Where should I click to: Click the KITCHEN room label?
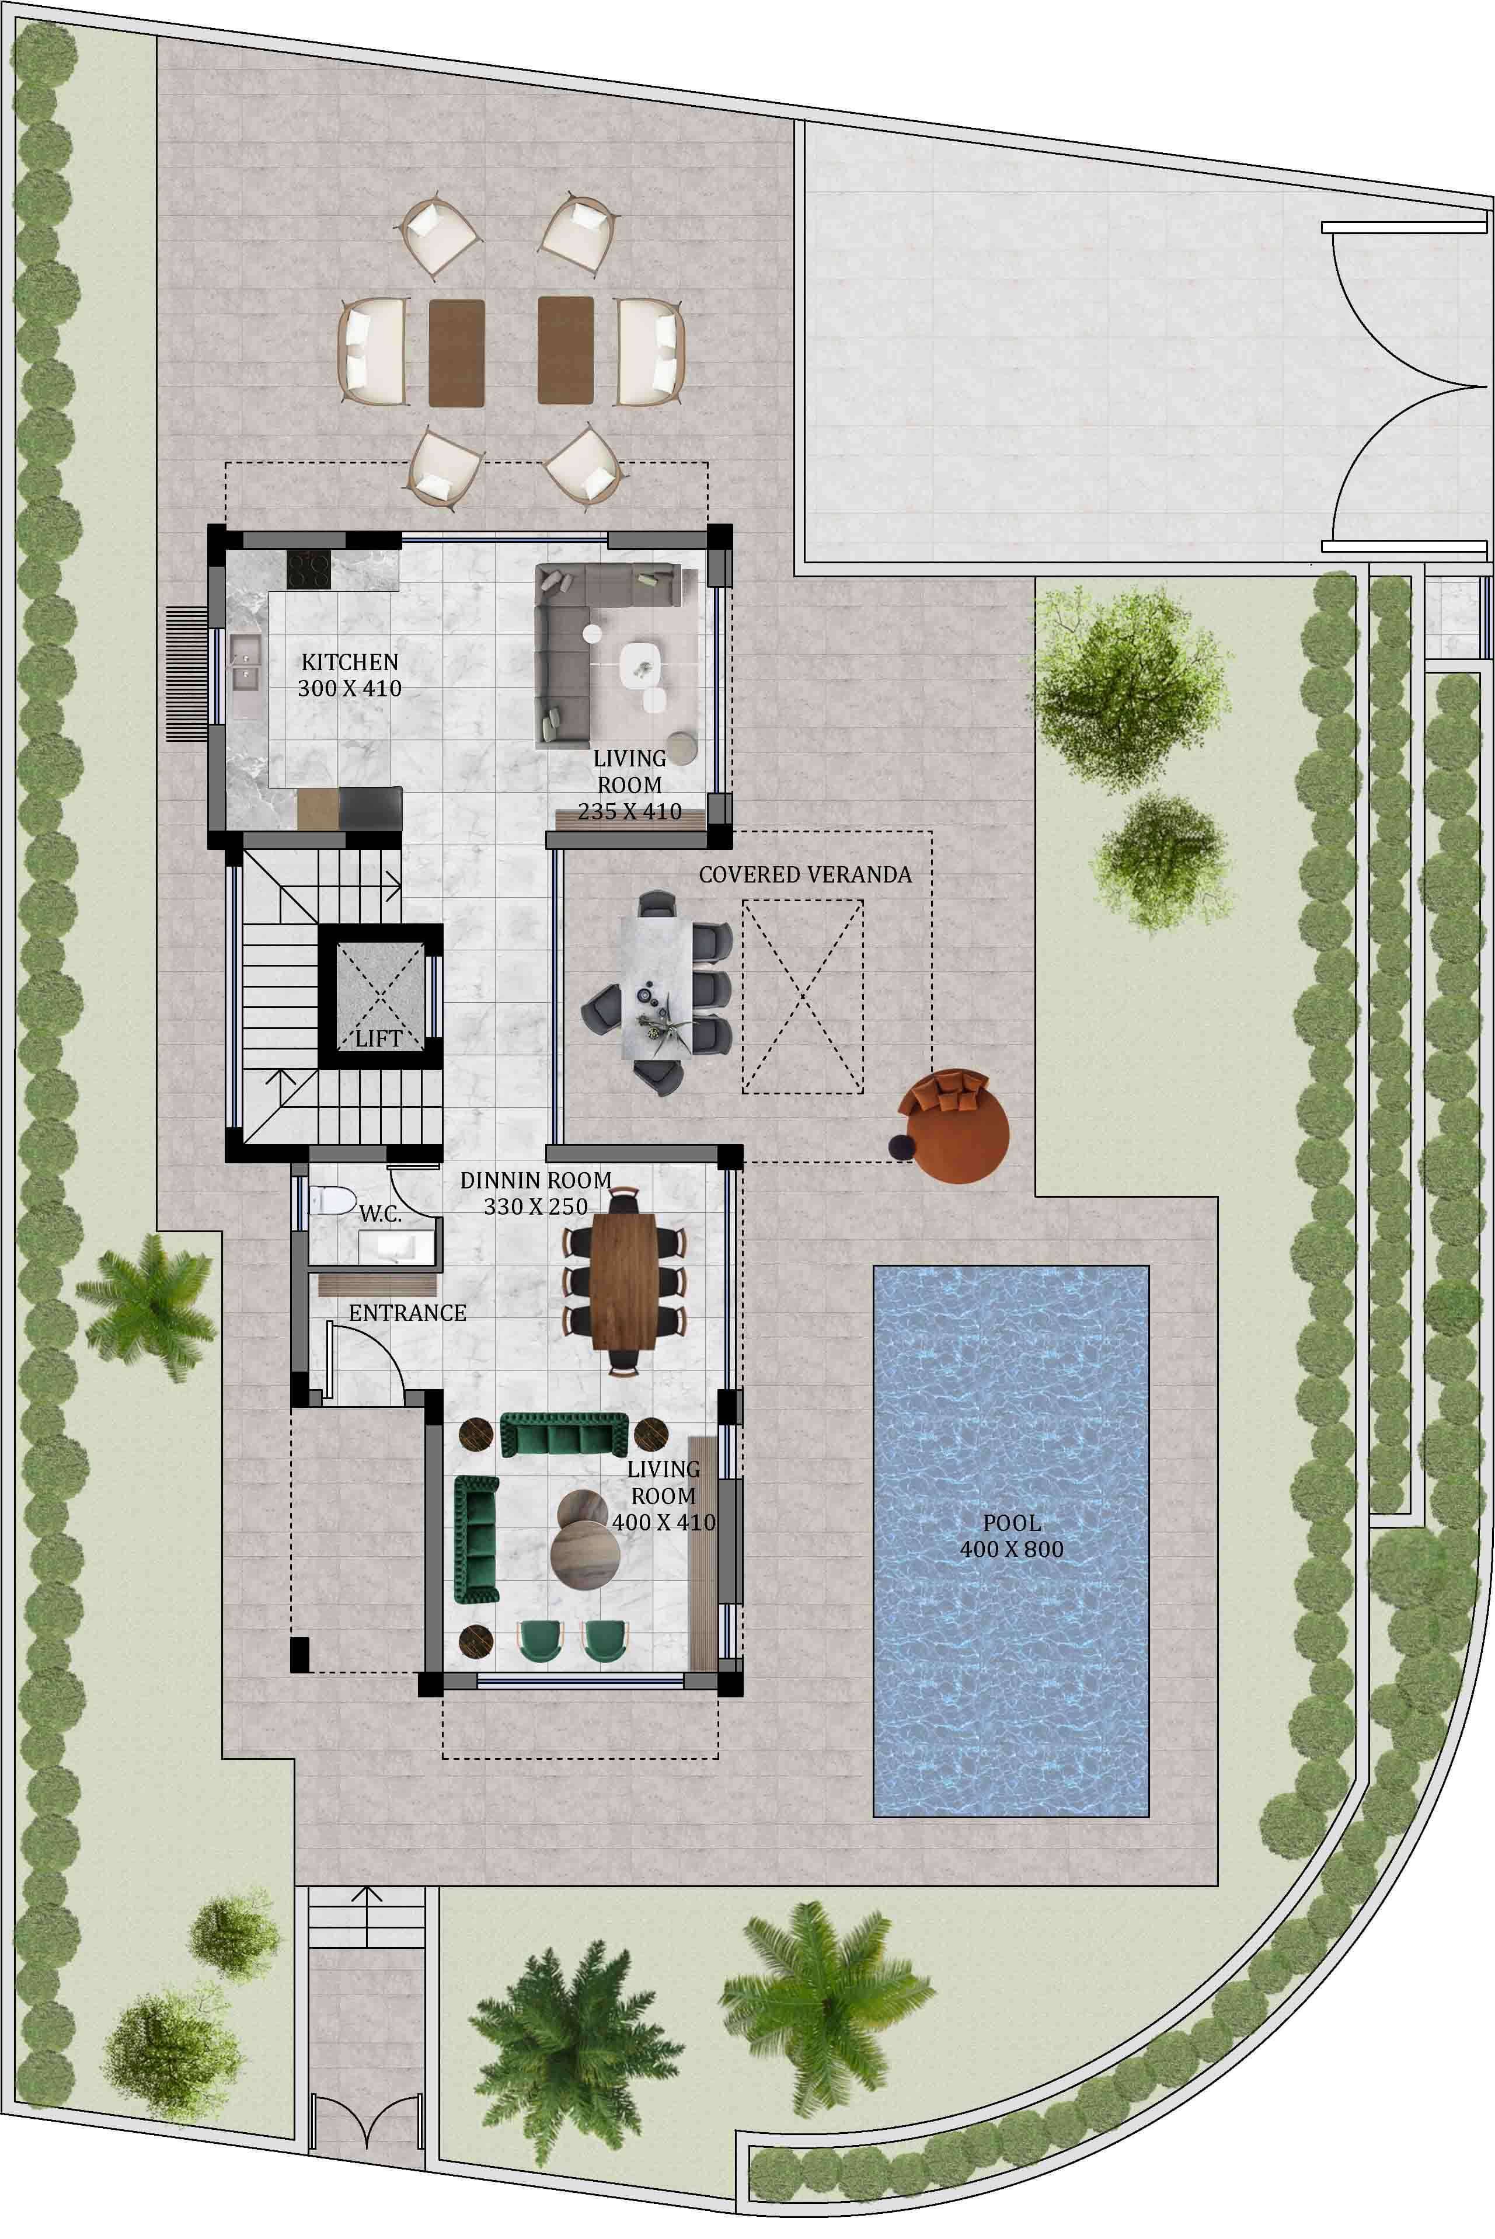pyautogui.click(x=350, y=661)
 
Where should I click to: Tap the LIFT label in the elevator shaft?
pyautogui.click(x=378, y=1039)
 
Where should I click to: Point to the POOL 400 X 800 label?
pyautogui.click(x=1012, y=1536)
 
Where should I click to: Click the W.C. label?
pyautogui.click(x=381, y=1214)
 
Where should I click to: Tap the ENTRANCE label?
pyautogui.click(x=407, y=1313)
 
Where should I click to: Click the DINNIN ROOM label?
pyautogui.click(x=536, y=1180)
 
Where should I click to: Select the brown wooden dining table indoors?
pyautogui.click(x=623, y=1280)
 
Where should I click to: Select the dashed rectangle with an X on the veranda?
pyautogui.click(x=803, y=996)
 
